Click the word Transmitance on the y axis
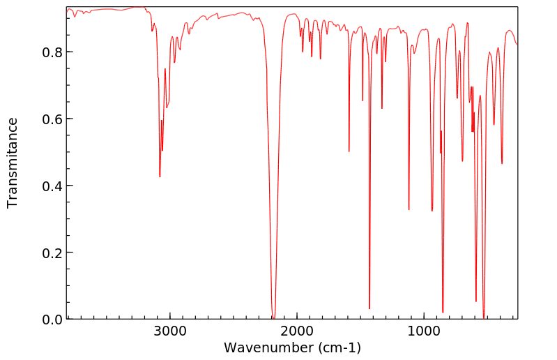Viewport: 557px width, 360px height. click(13, 163)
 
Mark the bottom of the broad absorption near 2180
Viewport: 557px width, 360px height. click(274, 317)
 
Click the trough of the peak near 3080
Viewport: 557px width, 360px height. click(160, 177)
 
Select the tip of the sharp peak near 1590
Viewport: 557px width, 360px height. click(349, 151)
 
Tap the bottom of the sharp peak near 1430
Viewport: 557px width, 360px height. click(369, 308)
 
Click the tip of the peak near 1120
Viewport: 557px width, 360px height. click(409, 209)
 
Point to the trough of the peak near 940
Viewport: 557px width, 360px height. click(432, 211)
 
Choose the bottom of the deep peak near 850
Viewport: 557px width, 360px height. click(443, 313)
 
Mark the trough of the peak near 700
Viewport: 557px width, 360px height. click(462, 161)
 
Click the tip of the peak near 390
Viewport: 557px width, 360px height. click(502, 164)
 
